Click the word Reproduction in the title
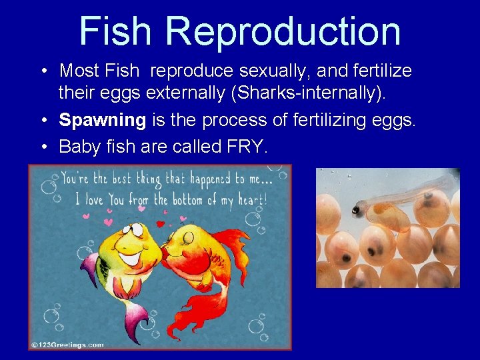(283, 31)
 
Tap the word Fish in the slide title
(117, 31)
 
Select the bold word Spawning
(102, 120)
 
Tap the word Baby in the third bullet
(79, 146)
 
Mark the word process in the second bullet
(236, 120)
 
